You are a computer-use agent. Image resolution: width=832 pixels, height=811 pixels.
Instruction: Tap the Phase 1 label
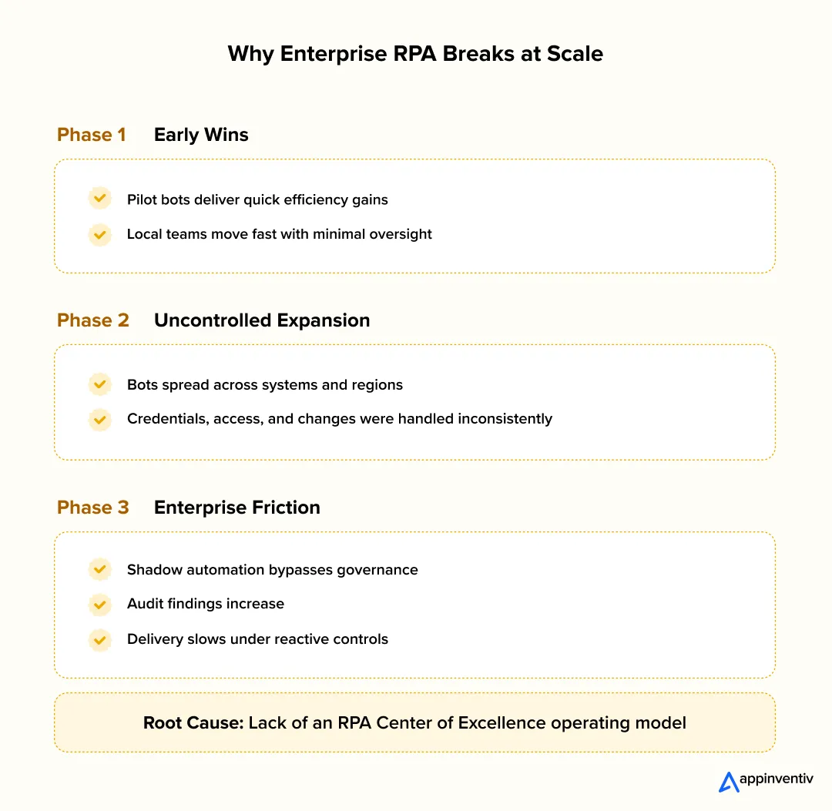point(91,135)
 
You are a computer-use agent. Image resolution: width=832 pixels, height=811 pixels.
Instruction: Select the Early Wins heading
point(201,135)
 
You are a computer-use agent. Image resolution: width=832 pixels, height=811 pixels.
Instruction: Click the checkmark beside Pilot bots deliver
point(99,199)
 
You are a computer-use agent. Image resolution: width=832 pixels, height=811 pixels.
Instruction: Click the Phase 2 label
point(92,320)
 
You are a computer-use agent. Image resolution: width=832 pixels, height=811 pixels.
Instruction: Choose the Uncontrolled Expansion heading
point(262,320)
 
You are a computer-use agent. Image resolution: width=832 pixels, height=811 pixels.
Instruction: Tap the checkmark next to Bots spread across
point(99,384)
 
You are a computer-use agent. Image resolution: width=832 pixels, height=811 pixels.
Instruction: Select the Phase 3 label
point(92,508)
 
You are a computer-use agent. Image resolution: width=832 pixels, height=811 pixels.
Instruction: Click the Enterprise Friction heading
point(237,508)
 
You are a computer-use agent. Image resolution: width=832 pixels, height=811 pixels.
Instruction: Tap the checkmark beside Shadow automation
point(99,570)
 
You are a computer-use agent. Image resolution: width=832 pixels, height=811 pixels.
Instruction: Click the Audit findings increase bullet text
point(205,605)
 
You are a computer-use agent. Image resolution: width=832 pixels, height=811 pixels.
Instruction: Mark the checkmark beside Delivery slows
point(99,639)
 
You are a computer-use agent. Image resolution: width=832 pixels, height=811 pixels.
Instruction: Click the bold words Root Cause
point(193,723)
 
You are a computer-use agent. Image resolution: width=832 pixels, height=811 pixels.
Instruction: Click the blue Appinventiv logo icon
point(728,781)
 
